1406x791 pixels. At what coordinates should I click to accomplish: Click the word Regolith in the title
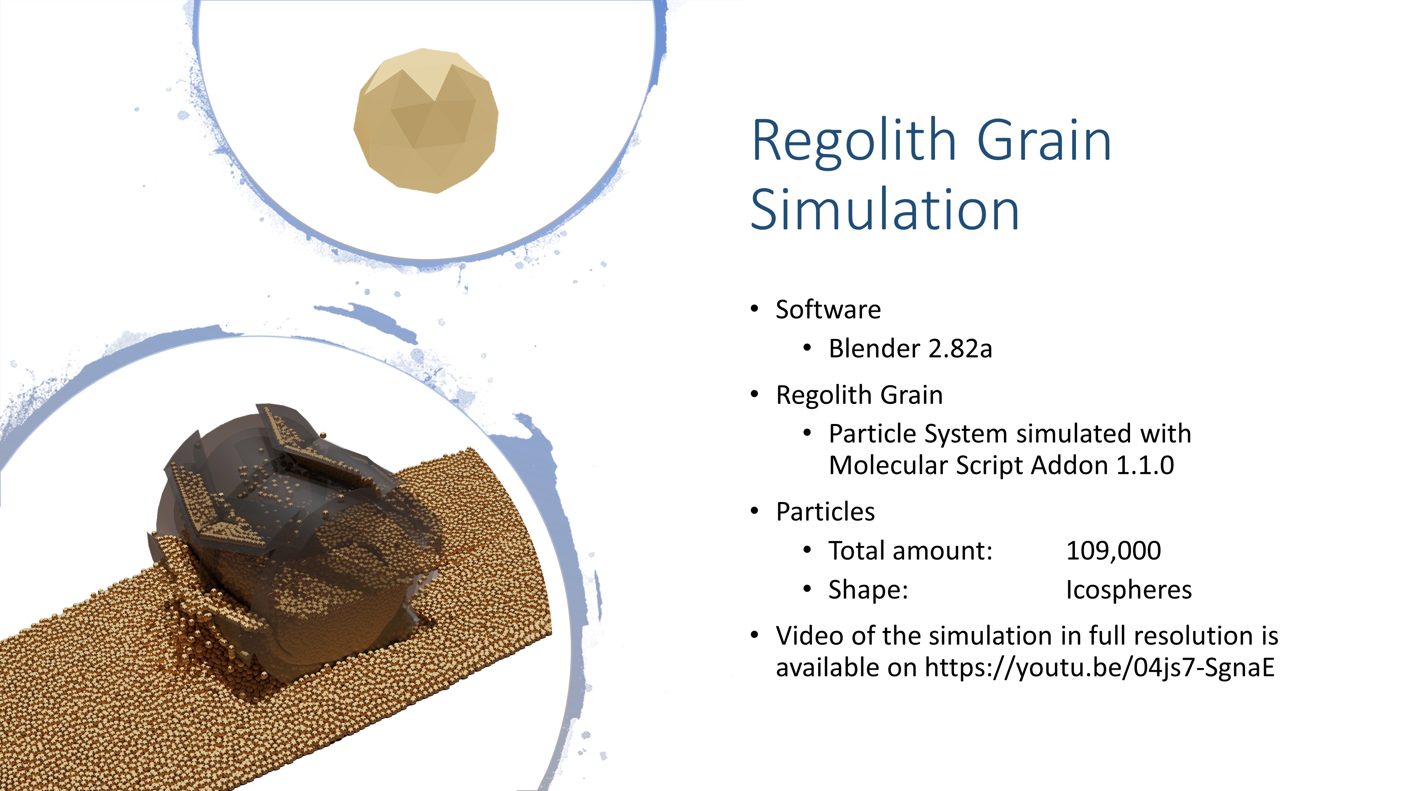pyautogui.click(x=854, y=141)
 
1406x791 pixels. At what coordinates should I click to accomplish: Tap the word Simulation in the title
pyautogui.click(x=885, y=210)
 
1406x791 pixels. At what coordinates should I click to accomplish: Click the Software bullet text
pyautogui.click(x=828, y=309)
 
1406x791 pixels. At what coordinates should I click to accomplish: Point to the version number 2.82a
pyautogui.click(x=960, y=349)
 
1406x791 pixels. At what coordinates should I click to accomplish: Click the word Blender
pyautogui.click(x=875, y=348)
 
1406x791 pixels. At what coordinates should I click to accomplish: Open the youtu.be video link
pyautogui.click(x=1100, y=668)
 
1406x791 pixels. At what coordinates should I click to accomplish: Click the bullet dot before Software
pyautogui.click(x=755, y=309)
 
